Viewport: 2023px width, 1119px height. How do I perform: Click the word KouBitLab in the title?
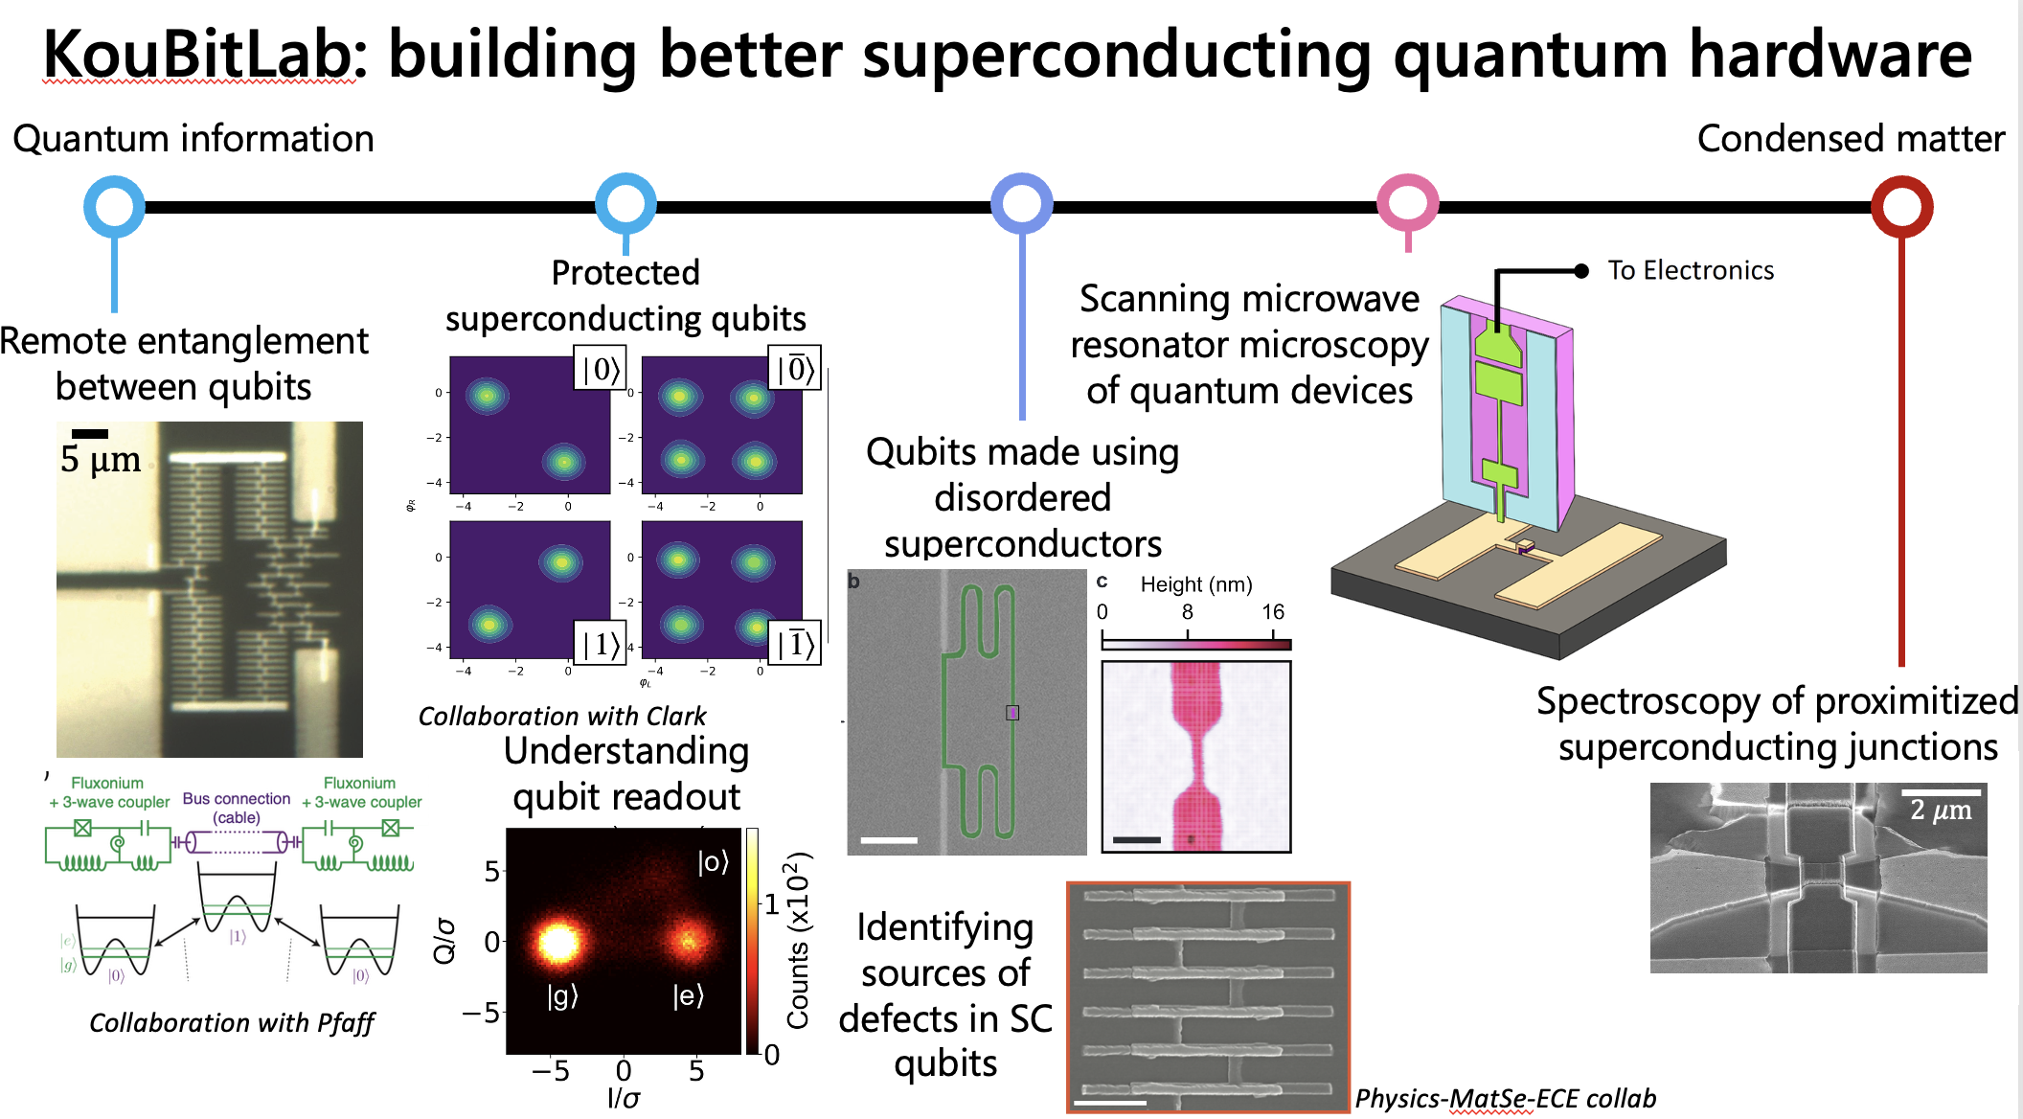click(x=198, y=56)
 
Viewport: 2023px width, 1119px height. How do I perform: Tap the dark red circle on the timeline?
click(x=1901, y=206)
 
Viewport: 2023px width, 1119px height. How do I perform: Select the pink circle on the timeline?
click(x=1407, y=203)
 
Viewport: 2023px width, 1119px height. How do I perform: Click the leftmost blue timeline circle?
click(x=114, y=206)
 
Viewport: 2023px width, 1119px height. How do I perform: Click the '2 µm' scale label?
click(x=1941, y=811)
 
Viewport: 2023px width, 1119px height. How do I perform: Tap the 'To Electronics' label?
click(x=1690, y=271)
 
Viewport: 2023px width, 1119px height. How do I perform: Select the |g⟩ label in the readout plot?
click(x=562, y=996)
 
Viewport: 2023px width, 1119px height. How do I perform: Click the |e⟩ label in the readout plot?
click(x=688, y=996)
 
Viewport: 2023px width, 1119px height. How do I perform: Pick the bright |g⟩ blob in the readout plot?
click(x=557, y=941)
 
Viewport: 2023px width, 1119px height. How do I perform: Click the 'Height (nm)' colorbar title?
click(x=1195, y=584)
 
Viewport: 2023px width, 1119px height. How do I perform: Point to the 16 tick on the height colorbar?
click(x=1272, y=612)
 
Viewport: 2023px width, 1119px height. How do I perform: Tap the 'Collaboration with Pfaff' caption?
click(x=231, y=1023)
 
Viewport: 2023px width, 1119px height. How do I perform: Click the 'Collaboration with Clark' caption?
click(x=561, y=717)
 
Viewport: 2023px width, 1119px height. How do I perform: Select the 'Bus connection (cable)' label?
click(x=237, y=808)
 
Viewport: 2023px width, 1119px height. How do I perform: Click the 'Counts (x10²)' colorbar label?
click(x=798, y=939)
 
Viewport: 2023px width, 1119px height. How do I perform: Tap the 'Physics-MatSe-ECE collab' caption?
click(x=1505, y=1099)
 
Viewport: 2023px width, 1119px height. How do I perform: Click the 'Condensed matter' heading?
click(x=1851, y=140)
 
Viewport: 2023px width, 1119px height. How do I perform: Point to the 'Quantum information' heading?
click(x=193, y=140)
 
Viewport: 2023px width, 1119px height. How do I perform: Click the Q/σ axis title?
click(x=444, y=940)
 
